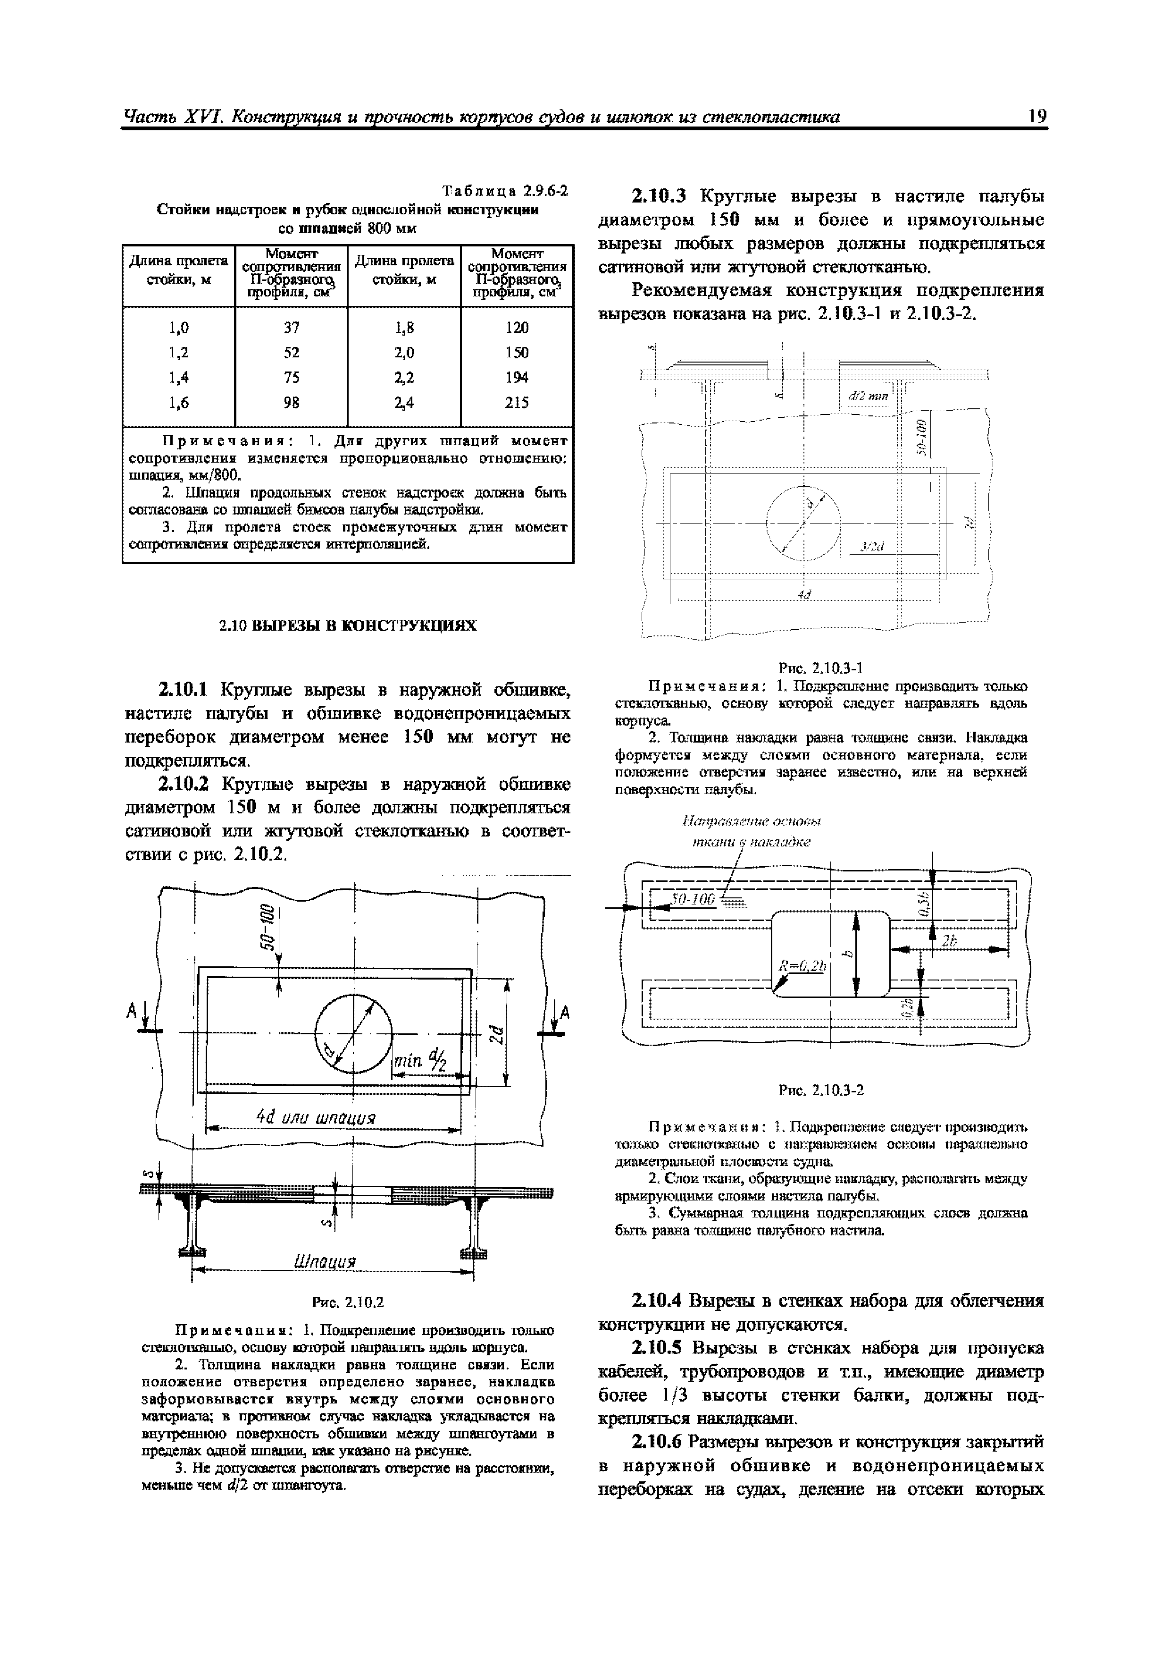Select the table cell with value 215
pyautogui.click(x=516, y=403)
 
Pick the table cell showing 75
pyautogui.click(x=291, y=377)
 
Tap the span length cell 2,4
pyautogui.click(x=404, y=403)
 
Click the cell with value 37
pyautogui.click(x=291, y=328)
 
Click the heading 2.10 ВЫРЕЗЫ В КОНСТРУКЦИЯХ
pyautogui.click(x=348, y=625)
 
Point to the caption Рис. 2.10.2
pyautogui.click(x=348, y=1302)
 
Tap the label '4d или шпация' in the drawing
pyautogui.click(x=317, y=1118)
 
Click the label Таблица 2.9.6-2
pyautogui.click(x=505, y=191)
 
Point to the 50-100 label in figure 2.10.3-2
pyautogui.click(x=692, y=899)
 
